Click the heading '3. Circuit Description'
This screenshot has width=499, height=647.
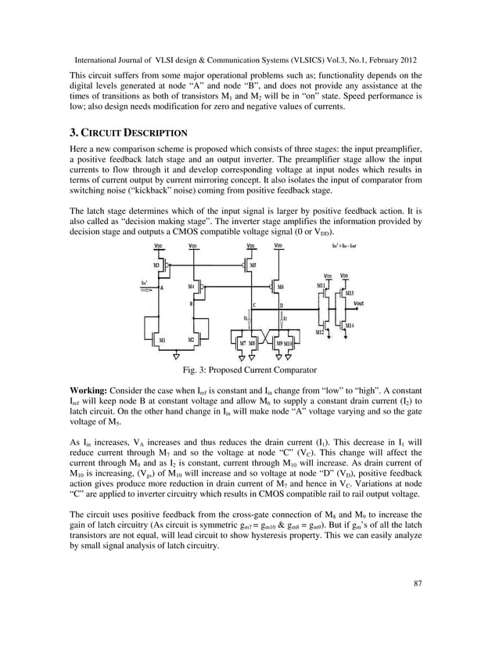pos(128,132)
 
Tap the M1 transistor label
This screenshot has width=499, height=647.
pos(162,339)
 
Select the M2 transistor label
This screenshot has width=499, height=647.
pos(191,339)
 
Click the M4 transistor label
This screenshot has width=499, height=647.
pos(191,287)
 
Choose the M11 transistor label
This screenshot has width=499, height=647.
pos(320,286)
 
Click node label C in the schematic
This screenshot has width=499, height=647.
pos(253,305)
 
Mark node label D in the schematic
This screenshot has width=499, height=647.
pos(281,305)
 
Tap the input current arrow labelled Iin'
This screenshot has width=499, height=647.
pos(146,287)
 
